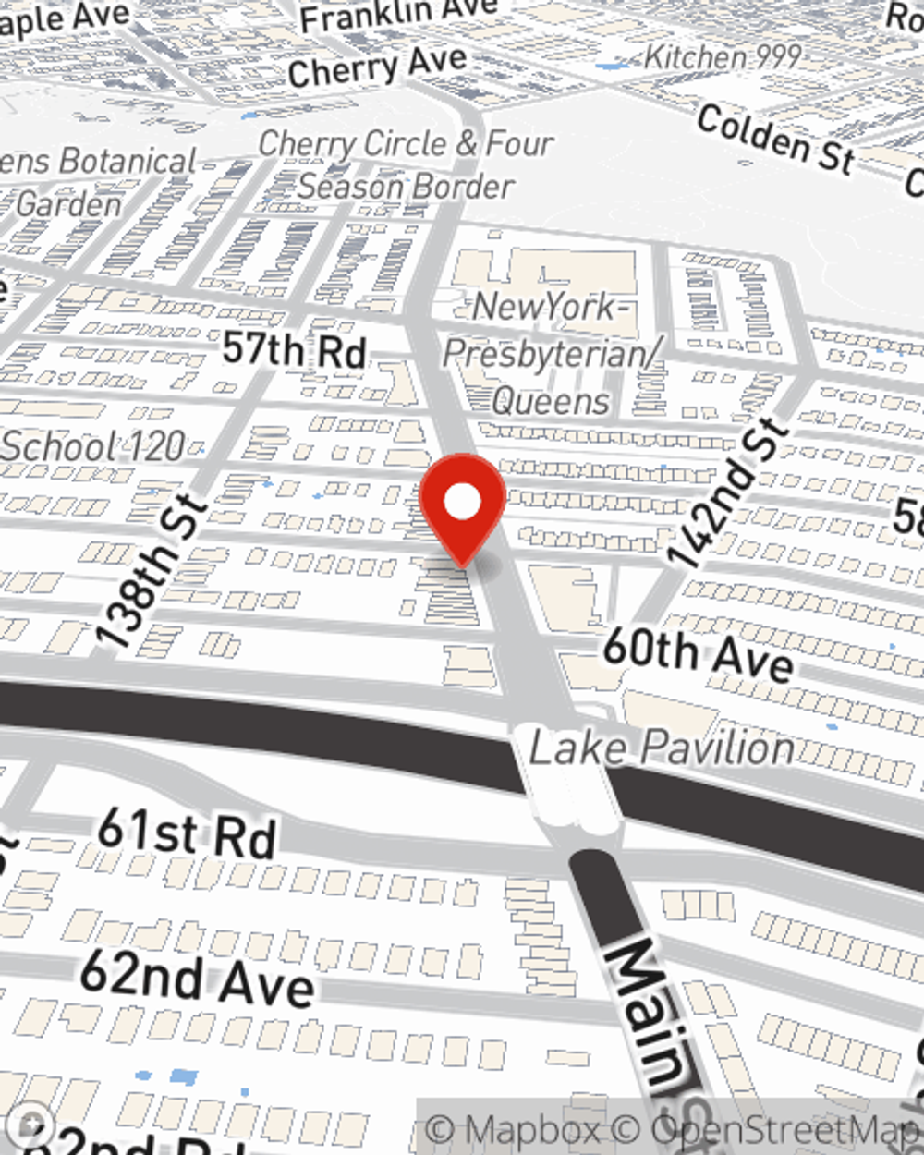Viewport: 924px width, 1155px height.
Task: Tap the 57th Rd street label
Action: pos(295,350)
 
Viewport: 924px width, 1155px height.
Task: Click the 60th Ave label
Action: pos(698,654)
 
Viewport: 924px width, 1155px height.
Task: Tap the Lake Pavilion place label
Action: pos(662,748)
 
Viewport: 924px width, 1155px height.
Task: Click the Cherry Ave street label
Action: pos(377,67)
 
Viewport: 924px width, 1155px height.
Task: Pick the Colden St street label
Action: pos(776,140)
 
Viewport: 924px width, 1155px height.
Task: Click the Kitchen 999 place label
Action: pos(722,57)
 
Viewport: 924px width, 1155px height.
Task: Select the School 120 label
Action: pos(92,447)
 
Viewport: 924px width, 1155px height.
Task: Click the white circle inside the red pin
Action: pos(462,503)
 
